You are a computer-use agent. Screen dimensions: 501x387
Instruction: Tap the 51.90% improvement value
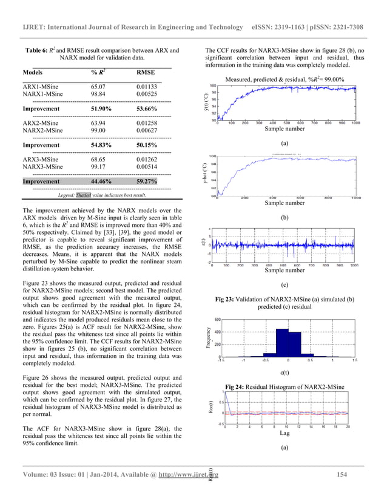[x=101, y=110]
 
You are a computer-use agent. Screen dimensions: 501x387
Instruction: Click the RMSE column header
[x=146, y=72]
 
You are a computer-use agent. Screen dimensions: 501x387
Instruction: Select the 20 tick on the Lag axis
[x=348, y=426]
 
